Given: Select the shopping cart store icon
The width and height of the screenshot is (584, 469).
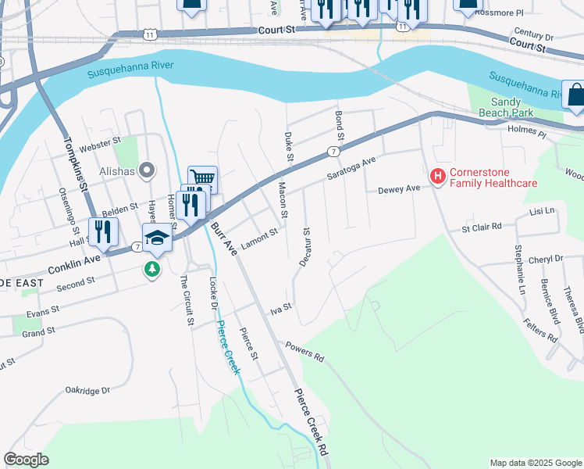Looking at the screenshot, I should (x=202, y=179).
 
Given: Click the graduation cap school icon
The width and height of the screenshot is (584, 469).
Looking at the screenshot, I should (x=157, y=238).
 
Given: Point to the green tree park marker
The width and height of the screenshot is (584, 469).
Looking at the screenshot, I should (x=152, y=270).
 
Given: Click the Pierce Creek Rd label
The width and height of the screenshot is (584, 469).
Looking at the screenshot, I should (x=313, y=422).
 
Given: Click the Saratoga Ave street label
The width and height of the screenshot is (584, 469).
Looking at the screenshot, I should (x=351, y=169).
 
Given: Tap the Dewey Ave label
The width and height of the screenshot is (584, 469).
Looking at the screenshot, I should (x=399, y=190).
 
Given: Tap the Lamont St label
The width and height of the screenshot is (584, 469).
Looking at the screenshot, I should (x=259, y=237).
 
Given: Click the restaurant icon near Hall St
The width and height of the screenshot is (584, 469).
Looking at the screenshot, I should (x=103, y=231).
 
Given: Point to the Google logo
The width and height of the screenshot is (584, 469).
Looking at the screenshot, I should (x=27, y=460).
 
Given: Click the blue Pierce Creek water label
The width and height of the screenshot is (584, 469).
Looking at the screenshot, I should (x=227, y=348).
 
